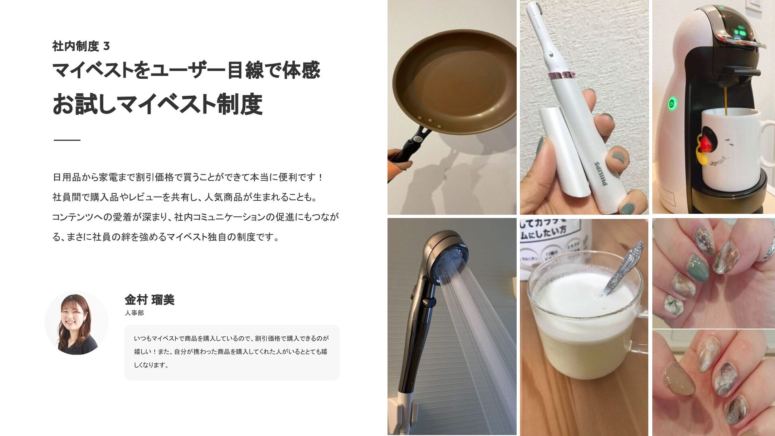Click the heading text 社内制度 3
[81, 46]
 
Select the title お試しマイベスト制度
[157, 104]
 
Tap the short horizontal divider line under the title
[67, 140]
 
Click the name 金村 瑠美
[149, 300]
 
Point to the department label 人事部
[134, 313]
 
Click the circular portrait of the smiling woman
[76, 323]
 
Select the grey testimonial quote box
[232, 352]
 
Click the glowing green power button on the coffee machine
[671, 103]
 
